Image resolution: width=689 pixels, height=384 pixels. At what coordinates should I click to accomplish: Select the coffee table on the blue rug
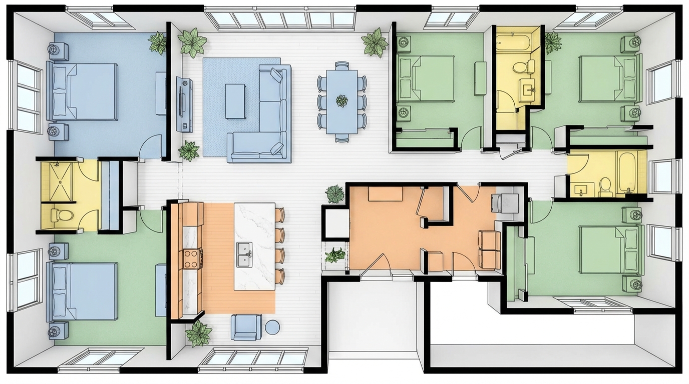[x=235, y=101]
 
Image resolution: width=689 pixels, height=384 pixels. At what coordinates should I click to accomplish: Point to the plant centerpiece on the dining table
[x=342, y=100]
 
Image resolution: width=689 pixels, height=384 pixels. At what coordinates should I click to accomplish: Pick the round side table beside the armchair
[x=272, y=327]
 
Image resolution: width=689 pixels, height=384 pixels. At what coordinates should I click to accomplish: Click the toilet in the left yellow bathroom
[x=62, y=215]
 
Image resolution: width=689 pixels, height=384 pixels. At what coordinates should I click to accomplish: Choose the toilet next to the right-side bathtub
[x=605, y=186]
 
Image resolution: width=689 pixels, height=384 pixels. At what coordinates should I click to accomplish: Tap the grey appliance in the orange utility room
[x=504, y=202]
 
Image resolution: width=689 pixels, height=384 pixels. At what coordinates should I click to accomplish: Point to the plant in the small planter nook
[x=335, y=255]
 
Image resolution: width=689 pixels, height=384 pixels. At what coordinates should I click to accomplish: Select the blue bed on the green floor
[x=82, y=291]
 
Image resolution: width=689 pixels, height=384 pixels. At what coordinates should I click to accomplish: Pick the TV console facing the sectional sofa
[x=184, y=104]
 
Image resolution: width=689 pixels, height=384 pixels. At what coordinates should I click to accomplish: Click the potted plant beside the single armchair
[x=199, y=333]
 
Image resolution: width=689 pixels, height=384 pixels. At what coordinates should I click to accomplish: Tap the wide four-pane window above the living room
[x=280, y=19]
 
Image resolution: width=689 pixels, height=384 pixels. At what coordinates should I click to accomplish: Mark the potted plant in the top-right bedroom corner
[x=552, y=42]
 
